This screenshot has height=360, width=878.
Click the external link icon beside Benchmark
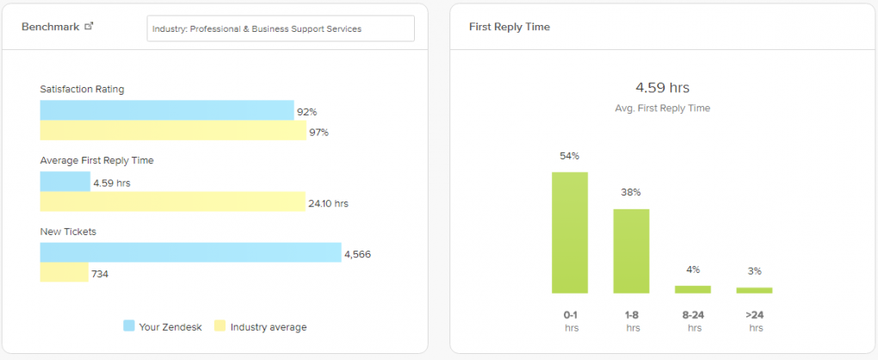click(x=89, y=26)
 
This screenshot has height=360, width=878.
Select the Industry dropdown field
click(x=281, y=28)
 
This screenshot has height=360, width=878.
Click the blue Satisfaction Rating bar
click(x=166, y=110)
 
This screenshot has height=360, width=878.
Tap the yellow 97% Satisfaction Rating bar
click(x=172, y=131)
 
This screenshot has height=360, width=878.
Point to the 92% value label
click(x=307, y=112)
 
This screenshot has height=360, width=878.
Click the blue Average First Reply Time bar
click(x=65, y=182)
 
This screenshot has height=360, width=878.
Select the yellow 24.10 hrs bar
click(x=172, y=202)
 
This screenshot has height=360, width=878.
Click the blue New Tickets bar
click(x=190, y=252)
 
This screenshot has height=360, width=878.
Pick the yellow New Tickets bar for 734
click(x=64, y=273)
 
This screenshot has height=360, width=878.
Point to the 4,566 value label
click(x=357, y=254)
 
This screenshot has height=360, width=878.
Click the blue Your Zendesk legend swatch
click(x=129, y=326)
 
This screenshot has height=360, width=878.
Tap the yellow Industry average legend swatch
click(x=219, y=326)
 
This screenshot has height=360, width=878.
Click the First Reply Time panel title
click(x=509, y=27)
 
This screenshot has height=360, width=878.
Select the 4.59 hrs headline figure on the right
click(x=662, y=88)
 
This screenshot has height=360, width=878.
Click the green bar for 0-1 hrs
click(x=570, y=233)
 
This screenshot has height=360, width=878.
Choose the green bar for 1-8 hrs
click(x=631, y=251)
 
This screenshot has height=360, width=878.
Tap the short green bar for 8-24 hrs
click(x=693, y=289)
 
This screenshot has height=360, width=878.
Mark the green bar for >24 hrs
click(x=754, y=290)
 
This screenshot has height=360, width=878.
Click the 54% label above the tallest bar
click(x=570, y=156)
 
